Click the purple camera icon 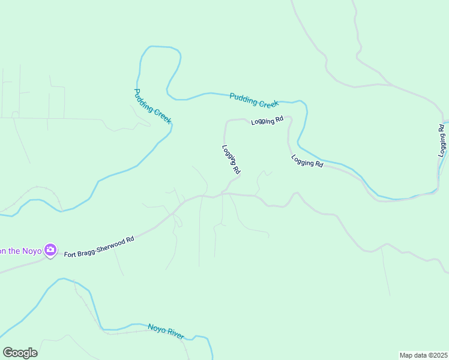(x=51, y=250)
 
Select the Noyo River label (x=166, y=331)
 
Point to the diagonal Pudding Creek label (x=152, y=106)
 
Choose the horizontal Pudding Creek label (x=254, y=99)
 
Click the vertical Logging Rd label (x=442, y=140)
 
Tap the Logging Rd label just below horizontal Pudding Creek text (x=267, y=121)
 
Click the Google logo (x=20, y=353)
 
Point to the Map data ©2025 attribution (x=423, y=355)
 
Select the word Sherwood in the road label (x=109, y=244)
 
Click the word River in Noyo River (x=175, y=334)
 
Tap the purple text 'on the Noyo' (x=22, y=251)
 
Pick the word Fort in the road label (x=71, y=254)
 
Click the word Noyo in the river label (x=156, y=328)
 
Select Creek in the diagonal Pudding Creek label (x=161, y=115)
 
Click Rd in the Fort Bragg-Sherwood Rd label (x=129, y=239)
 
